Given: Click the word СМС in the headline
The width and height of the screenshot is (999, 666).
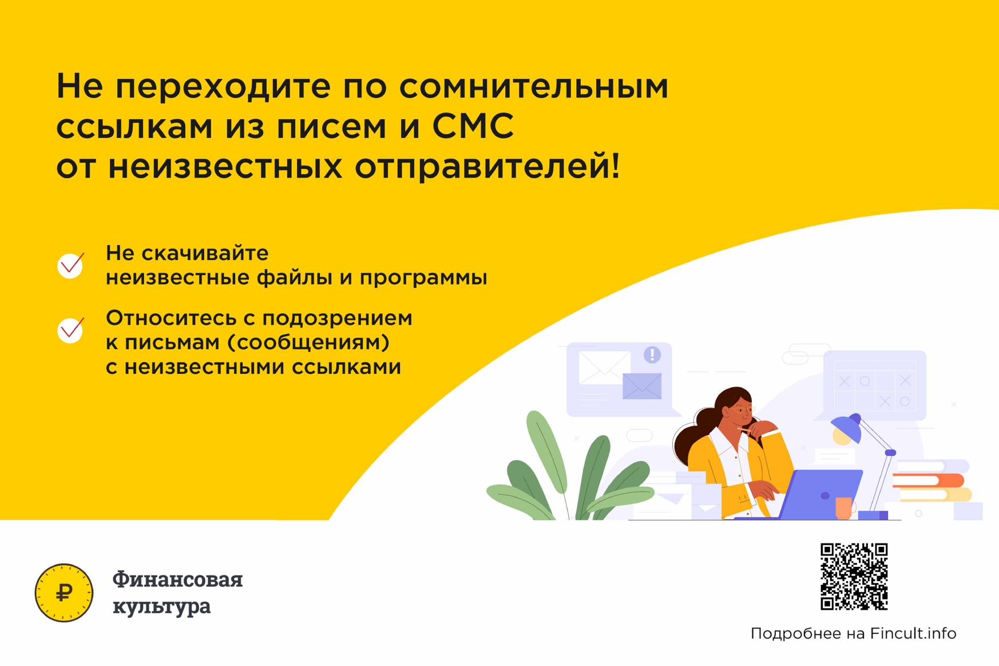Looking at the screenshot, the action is pyautogui.click(x=473, y=126).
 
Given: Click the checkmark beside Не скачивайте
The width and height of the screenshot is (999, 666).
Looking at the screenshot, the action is pyautogui.click(x=71, y=266).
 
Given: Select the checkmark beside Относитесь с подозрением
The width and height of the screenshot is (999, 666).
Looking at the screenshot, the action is pyautogui.click(x=71, y=330).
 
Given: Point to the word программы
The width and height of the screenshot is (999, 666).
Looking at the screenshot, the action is pyautogui.click(x=423, y=278).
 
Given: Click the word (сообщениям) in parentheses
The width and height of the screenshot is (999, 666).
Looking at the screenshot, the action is pyautogui.click(x=308, y=342).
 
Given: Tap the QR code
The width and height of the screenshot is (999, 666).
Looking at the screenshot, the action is pyautogui.click(x=854, y=577).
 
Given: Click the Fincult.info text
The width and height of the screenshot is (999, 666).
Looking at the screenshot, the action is pyautogui.click(x=913, y=633).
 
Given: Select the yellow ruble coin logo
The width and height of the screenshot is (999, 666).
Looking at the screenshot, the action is pyautogui.click(x=64, y=593).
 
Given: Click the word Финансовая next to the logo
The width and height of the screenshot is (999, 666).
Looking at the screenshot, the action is pyautogui.click(x=177, y=580).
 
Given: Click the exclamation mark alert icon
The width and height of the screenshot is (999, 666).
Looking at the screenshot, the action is pyautogui.click(x=652, y=355).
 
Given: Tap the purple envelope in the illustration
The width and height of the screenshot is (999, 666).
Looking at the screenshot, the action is pyautogui.click(x=642, y=386).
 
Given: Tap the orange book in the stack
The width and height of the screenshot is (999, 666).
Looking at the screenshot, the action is pyautogui.click(x=928, y=480).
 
